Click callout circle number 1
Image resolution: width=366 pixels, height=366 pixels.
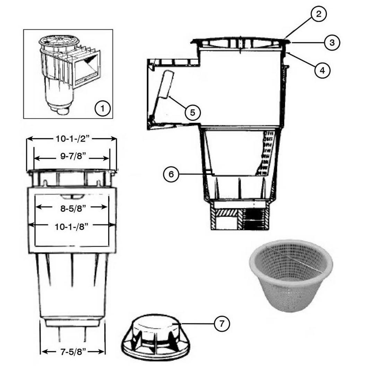(103, 109)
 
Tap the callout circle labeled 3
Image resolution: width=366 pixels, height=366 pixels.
(332, 43)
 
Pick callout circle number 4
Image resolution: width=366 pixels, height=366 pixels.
(322, 70)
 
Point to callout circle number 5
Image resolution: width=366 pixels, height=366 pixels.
(193, 113)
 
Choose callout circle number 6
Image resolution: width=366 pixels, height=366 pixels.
(171, 174)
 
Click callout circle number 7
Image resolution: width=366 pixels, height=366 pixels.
(222, 324)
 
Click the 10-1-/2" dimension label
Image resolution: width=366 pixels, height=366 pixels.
(72, 139)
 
